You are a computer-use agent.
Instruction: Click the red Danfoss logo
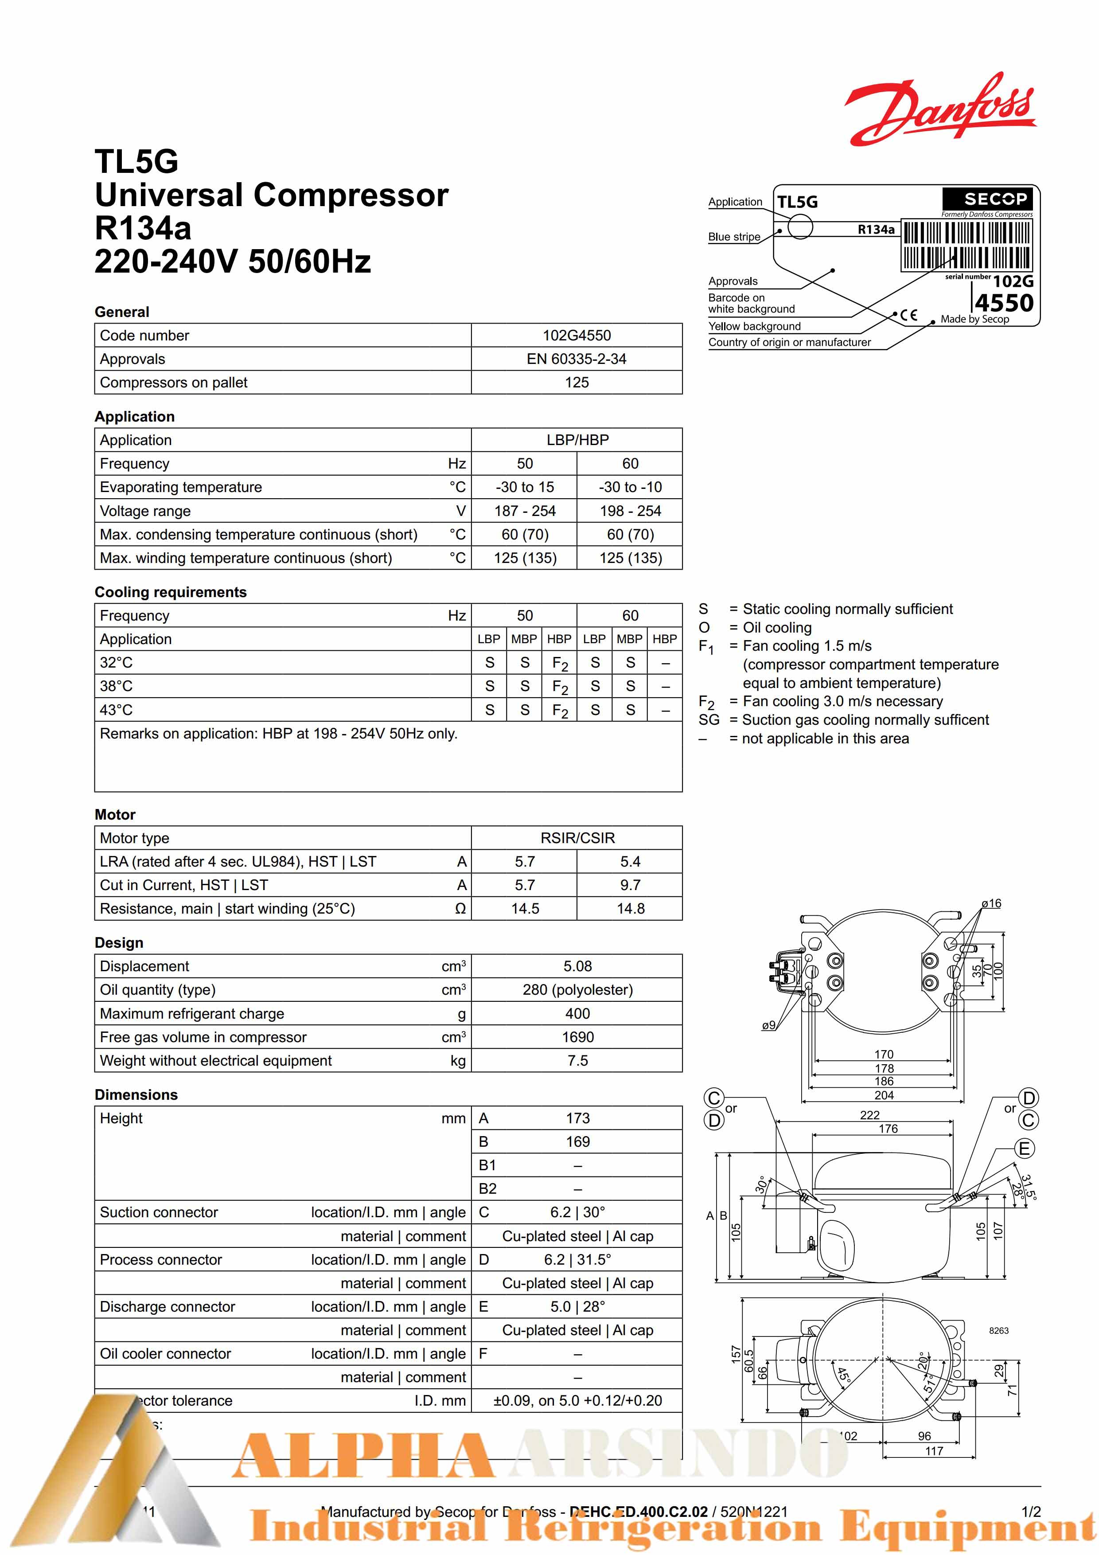pos(940,110)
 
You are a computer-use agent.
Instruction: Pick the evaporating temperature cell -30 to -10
pos(630,487)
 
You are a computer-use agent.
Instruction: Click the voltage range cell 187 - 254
pos(524,511)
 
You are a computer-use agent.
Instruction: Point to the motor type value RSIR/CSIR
pos(577,838)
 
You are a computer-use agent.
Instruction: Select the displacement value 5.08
pos(577,966)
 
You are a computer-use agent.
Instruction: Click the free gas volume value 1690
pos(577,1037)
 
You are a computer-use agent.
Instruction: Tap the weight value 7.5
pos(577,1061)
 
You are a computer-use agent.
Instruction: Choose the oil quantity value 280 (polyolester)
pos(577,989)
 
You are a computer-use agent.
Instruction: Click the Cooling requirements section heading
pos(171,592)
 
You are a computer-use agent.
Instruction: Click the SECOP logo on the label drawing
pos(987,199)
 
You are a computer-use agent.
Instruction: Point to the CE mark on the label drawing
pos(909,315)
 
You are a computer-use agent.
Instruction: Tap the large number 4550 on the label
pos(1004,303)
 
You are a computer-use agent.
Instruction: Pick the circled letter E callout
pos(1025,1149)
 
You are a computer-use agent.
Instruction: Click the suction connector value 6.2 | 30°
pos(577,1212)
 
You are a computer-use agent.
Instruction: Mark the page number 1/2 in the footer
pos(1031,1512)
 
